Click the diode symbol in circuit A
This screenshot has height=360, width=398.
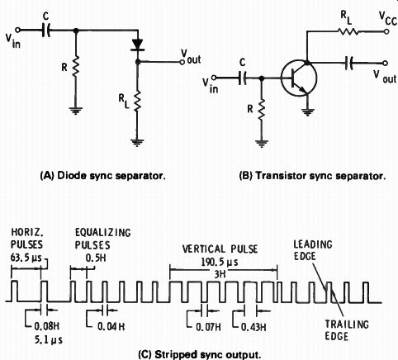click(138, 45)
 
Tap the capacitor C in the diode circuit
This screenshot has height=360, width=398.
click(46, 30)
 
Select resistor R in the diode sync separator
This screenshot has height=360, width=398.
click(75, 65)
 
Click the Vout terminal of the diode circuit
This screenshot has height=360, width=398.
click(182, 62)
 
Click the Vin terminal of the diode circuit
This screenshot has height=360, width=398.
click(17, 30)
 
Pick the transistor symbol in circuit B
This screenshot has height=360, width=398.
click(299, 78)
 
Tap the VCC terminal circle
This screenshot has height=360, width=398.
click(386, 31)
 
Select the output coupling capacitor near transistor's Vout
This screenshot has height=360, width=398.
click(349, 63)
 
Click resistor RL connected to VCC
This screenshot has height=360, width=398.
click(348, 31)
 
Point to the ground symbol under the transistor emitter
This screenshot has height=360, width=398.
click(307, 112)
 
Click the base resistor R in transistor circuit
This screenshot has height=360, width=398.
click(262, 110)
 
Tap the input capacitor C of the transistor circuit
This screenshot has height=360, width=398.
click(242, 78)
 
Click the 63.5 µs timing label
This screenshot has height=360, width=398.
click(26, 258)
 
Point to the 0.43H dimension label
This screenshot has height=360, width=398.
click(253, 327)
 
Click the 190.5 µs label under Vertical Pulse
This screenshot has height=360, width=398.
click(220, 262)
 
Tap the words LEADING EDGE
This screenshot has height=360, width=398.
click(313, 250)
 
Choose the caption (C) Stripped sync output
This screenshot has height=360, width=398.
click(199, 354)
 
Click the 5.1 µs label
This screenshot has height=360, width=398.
click(49, 340)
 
